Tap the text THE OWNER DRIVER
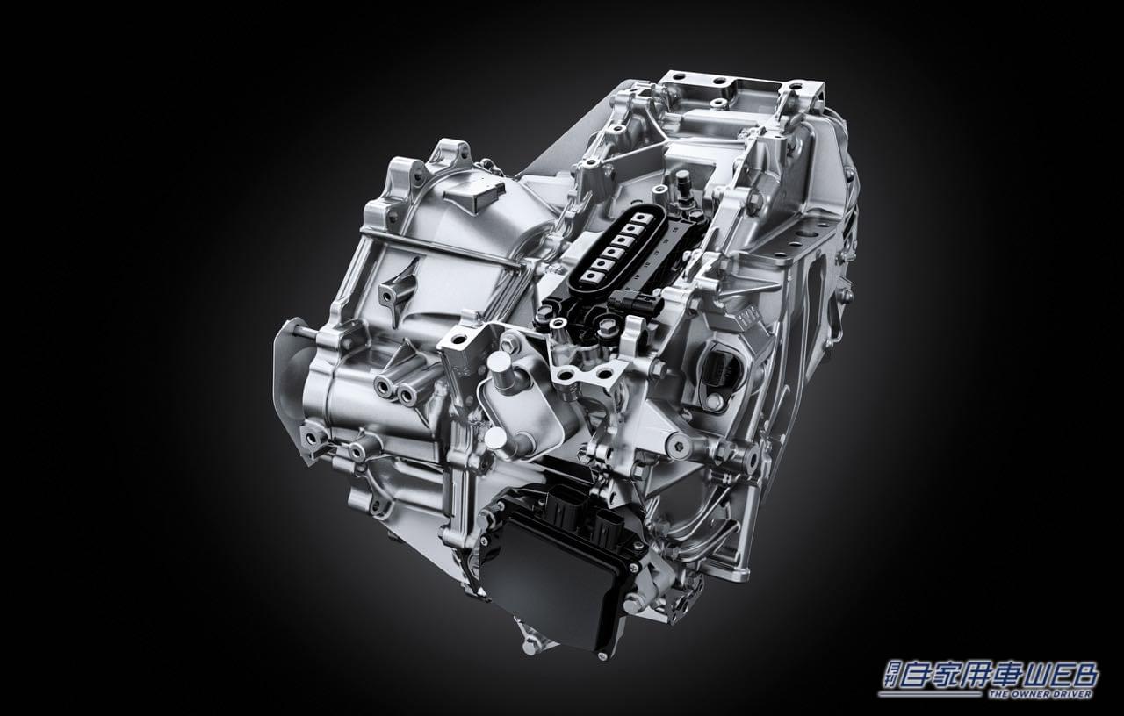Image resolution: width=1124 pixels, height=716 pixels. coord(1040,694)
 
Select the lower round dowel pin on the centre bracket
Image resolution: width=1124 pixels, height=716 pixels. coord(496,436)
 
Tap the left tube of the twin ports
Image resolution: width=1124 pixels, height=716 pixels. coord(385,386)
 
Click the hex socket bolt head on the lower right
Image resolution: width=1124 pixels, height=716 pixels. coord(677,447)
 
